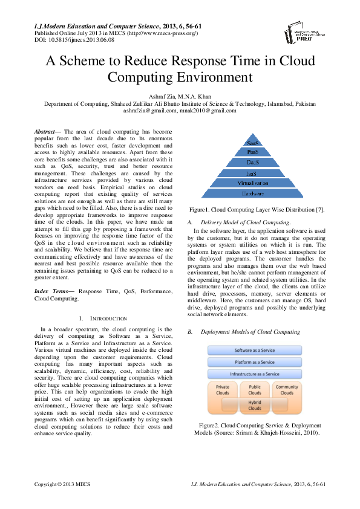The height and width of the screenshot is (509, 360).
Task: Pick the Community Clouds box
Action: [x=286, y=390]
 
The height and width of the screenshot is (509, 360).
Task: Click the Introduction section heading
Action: [x=103, y=318]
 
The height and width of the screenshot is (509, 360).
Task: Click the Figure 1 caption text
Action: [x=257, y=210]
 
